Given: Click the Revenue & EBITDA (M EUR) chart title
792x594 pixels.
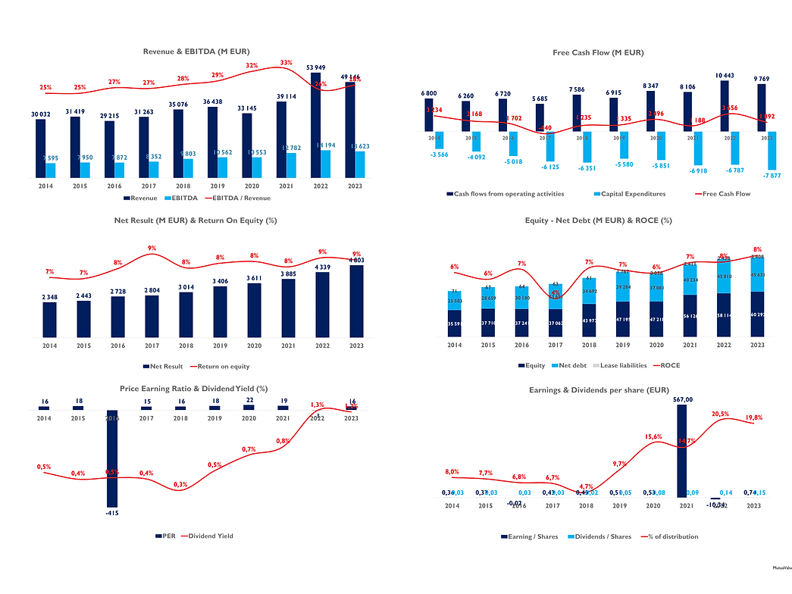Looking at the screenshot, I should [x=196, y=52].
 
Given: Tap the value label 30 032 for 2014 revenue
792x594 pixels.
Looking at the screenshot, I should [x=40, y=114].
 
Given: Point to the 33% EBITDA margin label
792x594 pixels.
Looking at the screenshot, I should [x=286, y=63].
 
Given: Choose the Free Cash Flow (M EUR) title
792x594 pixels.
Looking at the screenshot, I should [x=598, y=52].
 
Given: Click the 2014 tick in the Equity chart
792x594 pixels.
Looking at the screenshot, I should [x=454, y=345].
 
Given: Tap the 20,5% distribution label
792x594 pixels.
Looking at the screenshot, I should [x=720, y=414].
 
